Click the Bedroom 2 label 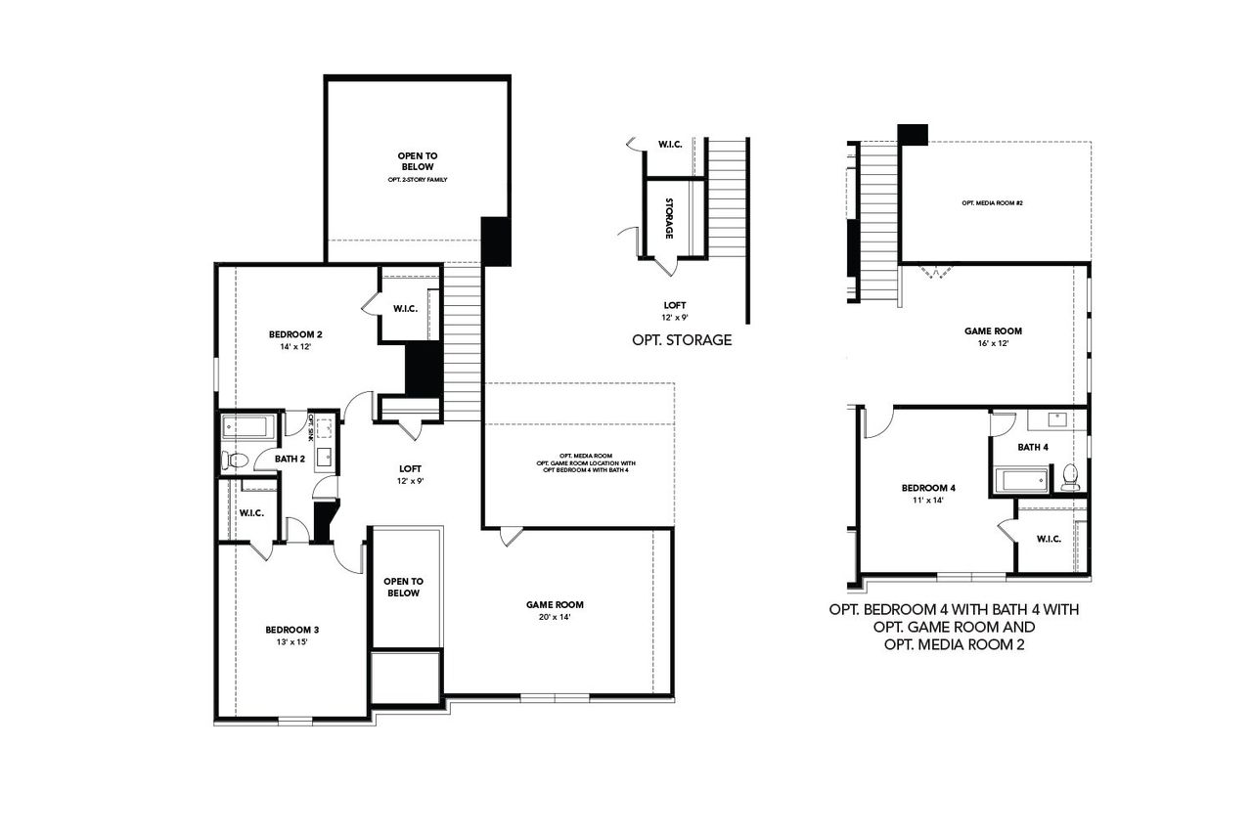click(295, 334)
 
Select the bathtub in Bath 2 click(246, 426)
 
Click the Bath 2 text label click(289, 458)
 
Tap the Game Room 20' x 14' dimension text click(554, 617)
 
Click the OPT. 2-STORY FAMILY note click(417, 180)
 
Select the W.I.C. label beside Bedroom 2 click(406, 310)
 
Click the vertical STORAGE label click(668, 218)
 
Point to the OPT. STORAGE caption click(682, 340)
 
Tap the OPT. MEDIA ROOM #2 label click(991, 202)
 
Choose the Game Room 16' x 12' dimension click(992, 343)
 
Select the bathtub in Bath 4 click(1021, 481)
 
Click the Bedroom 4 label click(928, 488)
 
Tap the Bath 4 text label click(1032, 447)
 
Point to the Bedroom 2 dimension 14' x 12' click(295, 346)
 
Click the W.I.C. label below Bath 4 click(1049, 538)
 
